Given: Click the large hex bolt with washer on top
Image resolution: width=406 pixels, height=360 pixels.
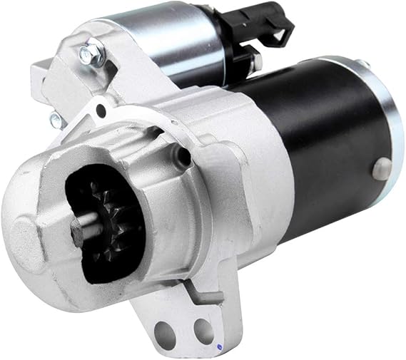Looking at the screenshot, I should click(92, 52).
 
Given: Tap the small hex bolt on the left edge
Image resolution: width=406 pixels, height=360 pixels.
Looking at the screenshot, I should click(55, 118).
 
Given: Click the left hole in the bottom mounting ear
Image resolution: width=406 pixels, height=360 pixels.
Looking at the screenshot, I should click(166, 331).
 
